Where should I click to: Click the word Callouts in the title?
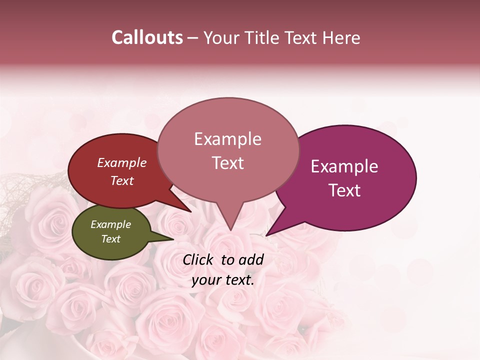(147, 37)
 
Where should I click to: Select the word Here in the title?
(341, 37)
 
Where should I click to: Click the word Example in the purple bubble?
(344, 166)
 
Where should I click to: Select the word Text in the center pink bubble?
(228, 163)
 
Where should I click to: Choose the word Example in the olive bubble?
(110, 224)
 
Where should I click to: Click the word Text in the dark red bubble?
(122, 181)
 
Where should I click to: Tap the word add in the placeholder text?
(251, 259)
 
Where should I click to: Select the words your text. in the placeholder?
(223, 280)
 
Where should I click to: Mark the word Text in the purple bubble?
(345, 190)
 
